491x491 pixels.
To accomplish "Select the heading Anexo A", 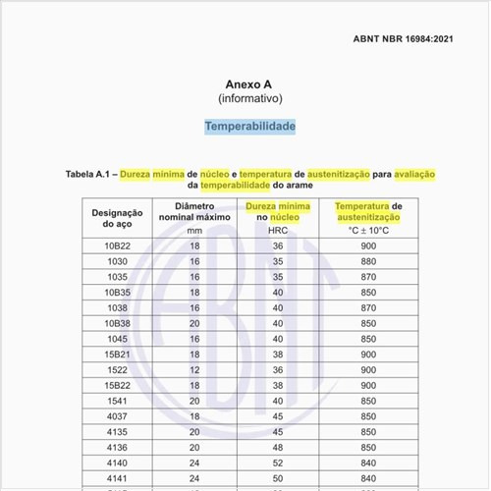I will (x=249, y=84).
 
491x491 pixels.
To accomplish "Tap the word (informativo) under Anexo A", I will (x=249, y=99).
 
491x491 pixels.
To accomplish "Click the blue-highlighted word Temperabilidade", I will (x=249, y=127).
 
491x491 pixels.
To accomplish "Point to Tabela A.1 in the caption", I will (x=90, y=174).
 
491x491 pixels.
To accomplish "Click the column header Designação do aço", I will (x=118, y=218).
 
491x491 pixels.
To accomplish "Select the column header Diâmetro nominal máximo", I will (x=194, y=212).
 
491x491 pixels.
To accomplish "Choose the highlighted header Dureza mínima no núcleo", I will (x=278, y=212).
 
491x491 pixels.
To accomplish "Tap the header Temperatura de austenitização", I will (x=368, y=212).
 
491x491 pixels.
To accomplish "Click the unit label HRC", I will (x=278, y=230).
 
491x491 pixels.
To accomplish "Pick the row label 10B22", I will (x=118, y=245).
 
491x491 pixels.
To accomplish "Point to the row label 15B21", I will (x=118, y=354).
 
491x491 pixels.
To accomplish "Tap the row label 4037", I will (x=118, y=415).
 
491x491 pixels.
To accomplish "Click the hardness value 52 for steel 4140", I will (x=278, y=462).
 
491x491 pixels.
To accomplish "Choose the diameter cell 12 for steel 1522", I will (x=194, y=369).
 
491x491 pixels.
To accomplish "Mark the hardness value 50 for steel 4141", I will (x=278, y=477).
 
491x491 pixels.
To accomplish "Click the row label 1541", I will (x=118, y=400).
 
